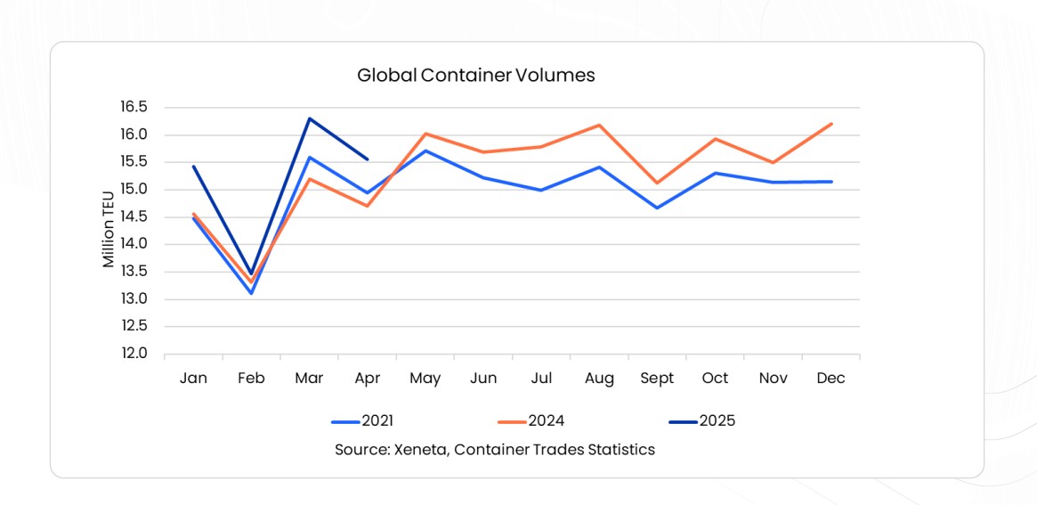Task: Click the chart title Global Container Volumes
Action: pyautogui.click(x=475, y=76)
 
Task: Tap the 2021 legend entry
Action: pyautogui.click(x=362, y=421)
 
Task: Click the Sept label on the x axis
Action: pyautogui.click(x=657, y=379)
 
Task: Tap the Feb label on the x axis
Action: pyautogui.click(x=251, y=379)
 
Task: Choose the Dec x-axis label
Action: pyautogui.click(x=830, y=379)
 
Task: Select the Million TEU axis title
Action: pyautogui.click(x=109, y=230)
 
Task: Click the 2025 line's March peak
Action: pyautogui.click(x=309, y=118)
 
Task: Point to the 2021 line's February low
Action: pyautogui.click(x=251, y=293)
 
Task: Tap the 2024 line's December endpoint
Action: pyautogui.click(x=831, y=124)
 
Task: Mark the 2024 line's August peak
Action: pyautogui.click(x=599, y=125)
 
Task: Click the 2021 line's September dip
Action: pyautogui.click(x=657, y=208)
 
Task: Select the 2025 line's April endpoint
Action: pyautogui.click(x=368, y=159)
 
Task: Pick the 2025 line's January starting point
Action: pyautogui.click(x=193, y=167)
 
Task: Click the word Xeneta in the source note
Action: pyautogui.click(x=420, y=450)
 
